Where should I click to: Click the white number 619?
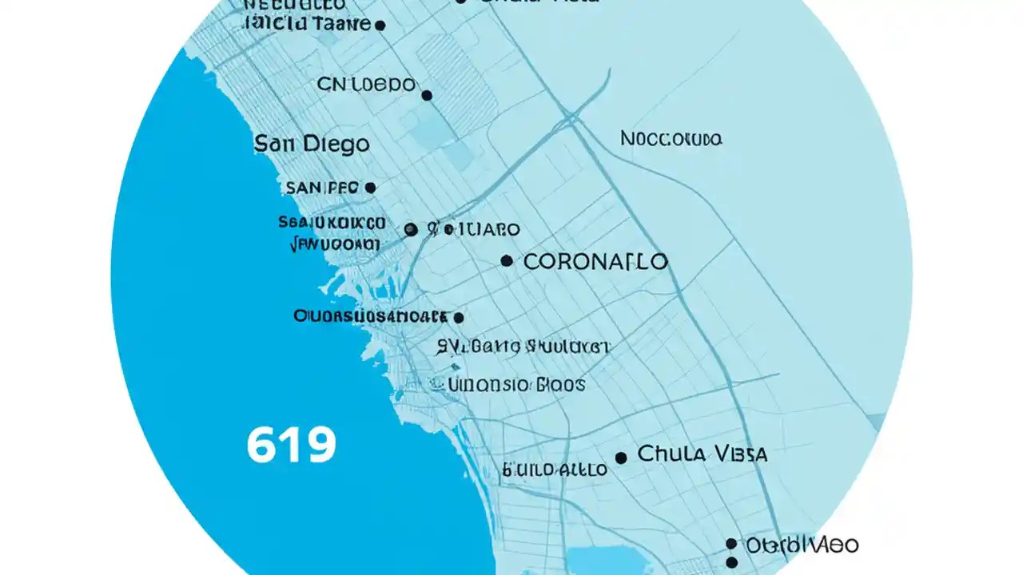click(x=291, y=446)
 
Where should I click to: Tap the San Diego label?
click(x=312, y=144)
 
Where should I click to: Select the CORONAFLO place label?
click(x=595, y=261)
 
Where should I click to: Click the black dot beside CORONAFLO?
click(x=506, y=260)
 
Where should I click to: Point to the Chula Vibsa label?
click(x=703, y=454)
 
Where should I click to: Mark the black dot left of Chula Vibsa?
click(x=621, y=458)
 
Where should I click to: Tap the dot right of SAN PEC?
click(x=369, y=188)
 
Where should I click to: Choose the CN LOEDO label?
click(x=366, y=84)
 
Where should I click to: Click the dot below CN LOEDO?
click(x=427, y=95)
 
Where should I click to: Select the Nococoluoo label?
click(x=671, y=139)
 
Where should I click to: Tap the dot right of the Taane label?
click(x=380, y=26)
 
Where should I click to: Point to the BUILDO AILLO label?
click(x=555, y=470)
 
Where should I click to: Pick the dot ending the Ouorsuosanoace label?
click(x=458, y=317)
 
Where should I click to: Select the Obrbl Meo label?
click(x=802, y=545)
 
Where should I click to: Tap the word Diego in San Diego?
click(x=335, y=144)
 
